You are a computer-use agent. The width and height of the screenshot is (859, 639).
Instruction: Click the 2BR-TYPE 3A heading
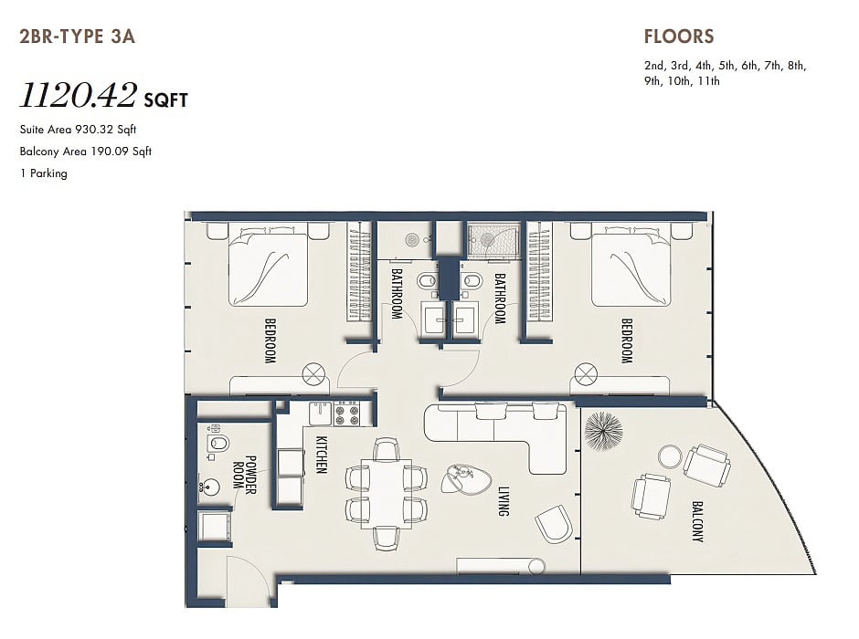pos(78,37)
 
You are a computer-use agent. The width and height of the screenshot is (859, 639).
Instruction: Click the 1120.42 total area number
pos(78,95)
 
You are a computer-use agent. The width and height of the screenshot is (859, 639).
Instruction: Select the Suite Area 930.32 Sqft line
pos(78,130)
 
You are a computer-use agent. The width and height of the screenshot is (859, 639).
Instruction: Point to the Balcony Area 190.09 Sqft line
pos(86,152)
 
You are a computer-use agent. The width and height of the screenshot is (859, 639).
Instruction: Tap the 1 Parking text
pos(44,173)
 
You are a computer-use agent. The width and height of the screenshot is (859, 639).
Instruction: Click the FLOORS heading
pos(679,37)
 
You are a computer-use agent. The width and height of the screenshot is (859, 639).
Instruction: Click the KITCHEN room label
pos(321,454)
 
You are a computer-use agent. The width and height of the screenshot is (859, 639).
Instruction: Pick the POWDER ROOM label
pos(244,475)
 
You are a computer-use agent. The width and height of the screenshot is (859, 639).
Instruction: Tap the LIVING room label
pos(504,501)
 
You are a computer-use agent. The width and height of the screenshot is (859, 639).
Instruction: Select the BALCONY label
pos(697,521)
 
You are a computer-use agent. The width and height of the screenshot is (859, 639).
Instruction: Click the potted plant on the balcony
pos(603,431)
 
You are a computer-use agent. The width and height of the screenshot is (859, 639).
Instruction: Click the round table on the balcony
pos(670,456)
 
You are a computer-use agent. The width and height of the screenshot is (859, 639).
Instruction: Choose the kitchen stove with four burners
pos(346,413)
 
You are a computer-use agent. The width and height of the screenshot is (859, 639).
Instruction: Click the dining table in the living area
pos(387,494)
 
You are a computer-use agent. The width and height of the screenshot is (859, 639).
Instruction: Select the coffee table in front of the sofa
pos(465,479)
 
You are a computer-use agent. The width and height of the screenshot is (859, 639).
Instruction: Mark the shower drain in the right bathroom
pos(487,238)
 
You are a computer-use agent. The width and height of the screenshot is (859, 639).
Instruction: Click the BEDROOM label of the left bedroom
pos(270,340)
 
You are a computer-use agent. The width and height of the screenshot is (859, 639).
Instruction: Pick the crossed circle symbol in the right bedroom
pos(585,375)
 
